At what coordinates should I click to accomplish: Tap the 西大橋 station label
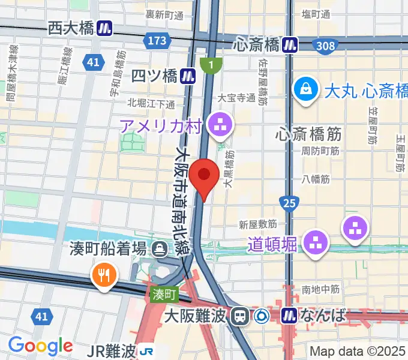point(71,28)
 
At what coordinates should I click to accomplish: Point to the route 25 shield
point(289,204)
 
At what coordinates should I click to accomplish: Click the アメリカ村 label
point(162,125)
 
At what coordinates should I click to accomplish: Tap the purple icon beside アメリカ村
point(218,125)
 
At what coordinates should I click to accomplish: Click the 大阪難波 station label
point(197,314)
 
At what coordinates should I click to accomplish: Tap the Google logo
point(40,346)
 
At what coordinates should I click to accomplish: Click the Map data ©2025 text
point(358,350)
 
